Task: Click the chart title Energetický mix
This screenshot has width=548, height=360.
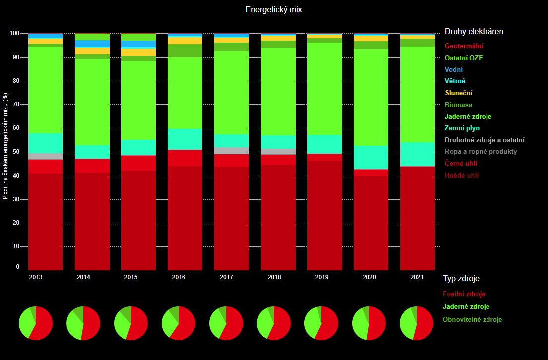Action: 274,9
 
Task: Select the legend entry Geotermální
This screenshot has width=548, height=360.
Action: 464,46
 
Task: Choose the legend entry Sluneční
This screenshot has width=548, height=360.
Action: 459,93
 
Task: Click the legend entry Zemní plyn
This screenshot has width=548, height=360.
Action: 462,128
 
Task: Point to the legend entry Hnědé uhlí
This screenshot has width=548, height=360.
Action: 462,175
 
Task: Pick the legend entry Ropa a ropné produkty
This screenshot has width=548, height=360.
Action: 481,152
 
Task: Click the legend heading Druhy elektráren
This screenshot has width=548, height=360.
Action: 474,32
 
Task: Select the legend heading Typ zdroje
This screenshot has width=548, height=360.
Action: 461,279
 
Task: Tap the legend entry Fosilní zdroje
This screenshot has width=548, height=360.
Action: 464,294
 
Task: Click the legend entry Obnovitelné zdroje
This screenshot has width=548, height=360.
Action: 473,320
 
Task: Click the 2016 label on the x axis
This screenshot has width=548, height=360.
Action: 178,277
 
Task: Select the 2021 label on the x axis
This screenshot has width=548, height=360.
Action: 417,277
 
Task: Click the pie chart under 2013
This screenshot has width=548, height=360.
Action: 36,323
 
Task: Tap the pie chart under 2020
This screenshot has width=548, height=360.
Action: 369,323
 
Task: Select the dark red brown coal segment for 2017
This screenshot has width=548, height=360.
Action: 232,218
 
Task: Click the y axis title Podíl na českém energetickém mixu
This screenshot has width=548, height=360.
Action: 5,146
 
